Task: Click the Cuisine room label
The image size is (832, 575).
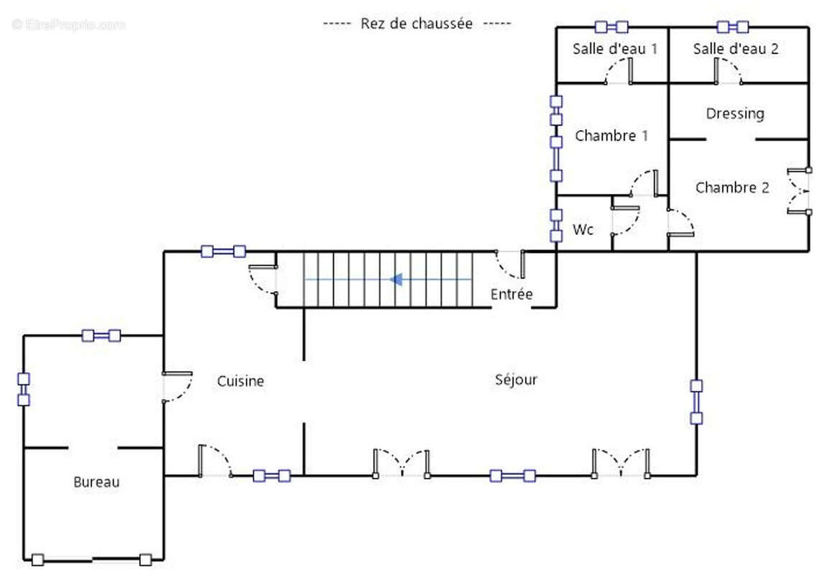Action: pyautogui.click(x=241, y=381)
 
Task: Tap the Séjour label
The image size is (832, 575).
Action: pyautogui.click(x=516, y=379)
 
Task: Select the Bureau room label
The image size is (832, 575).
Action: pyautogui.click(x=96, y=482)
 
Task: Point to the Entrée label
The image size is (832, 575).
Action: pyautogui.click(x=512, y=294)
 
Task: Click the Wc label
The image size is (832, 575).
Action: pyautogui.click(x=583, y=230)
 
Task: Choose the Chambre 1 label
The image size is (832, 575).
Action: pyautogui.click(x=606, y=135)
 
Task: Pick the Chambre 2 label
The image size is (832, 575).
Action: pyautogui.click(x=732, y=188)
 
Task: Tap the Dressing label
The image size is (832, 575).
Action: pyautogui.click(x=734, y=114)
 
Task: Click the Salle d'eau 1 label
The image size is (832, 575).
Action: pyautogui.click(x=615, y=49)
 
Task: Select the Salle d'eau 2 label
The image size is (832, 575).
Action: pyautogui.click(x=736, y=49)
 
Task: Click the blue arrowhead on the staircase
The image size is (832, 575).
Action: pyautogui.click(x=395, y=279)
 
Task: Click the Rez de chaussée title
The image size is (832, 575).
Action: pyautogui.click(x=417, y=24)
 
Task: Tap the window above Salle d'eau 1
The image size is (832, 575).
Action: pyautogui.click(x=611, y=27)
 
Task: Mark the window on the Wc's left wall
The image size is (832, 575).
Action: pyautogui.click(x=556, y=225)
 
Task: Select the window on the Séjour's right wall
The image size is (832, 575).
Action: pyautogui.click(x=695, y=402)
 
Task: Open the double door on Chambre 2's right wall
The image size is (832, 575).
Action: pyautogui.click(x=799, y=192)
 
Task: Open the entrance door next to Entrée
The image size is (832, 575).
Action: pyautogui.click(x=510, y=264)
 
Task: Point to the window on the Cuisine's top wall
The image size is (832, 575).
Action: pyautogui.click(x=223, y=252)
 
